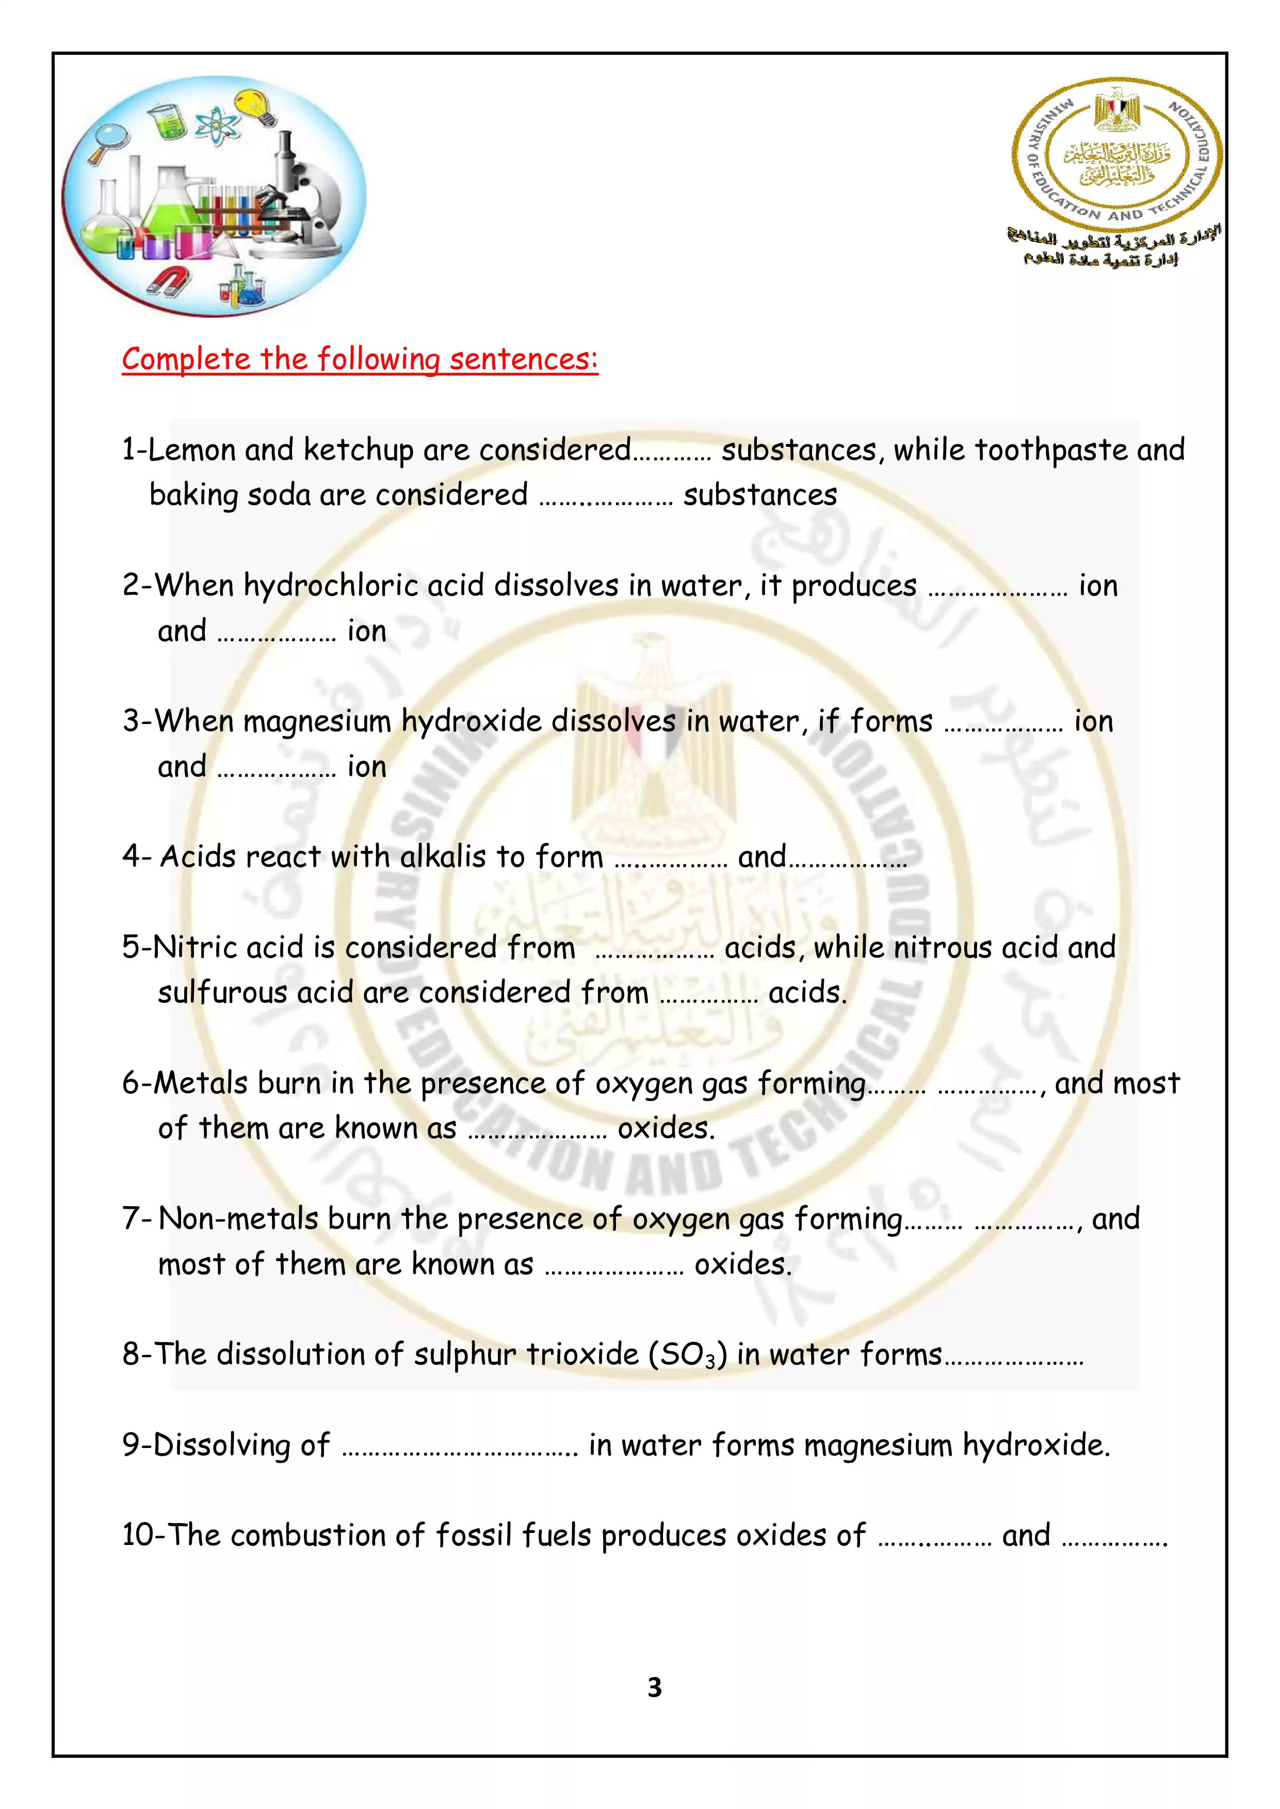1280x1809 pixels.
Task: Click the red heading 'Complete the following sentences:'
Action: coord(360,359)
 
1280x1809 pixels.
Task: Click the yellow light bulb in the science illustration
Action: coord(257,107)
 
